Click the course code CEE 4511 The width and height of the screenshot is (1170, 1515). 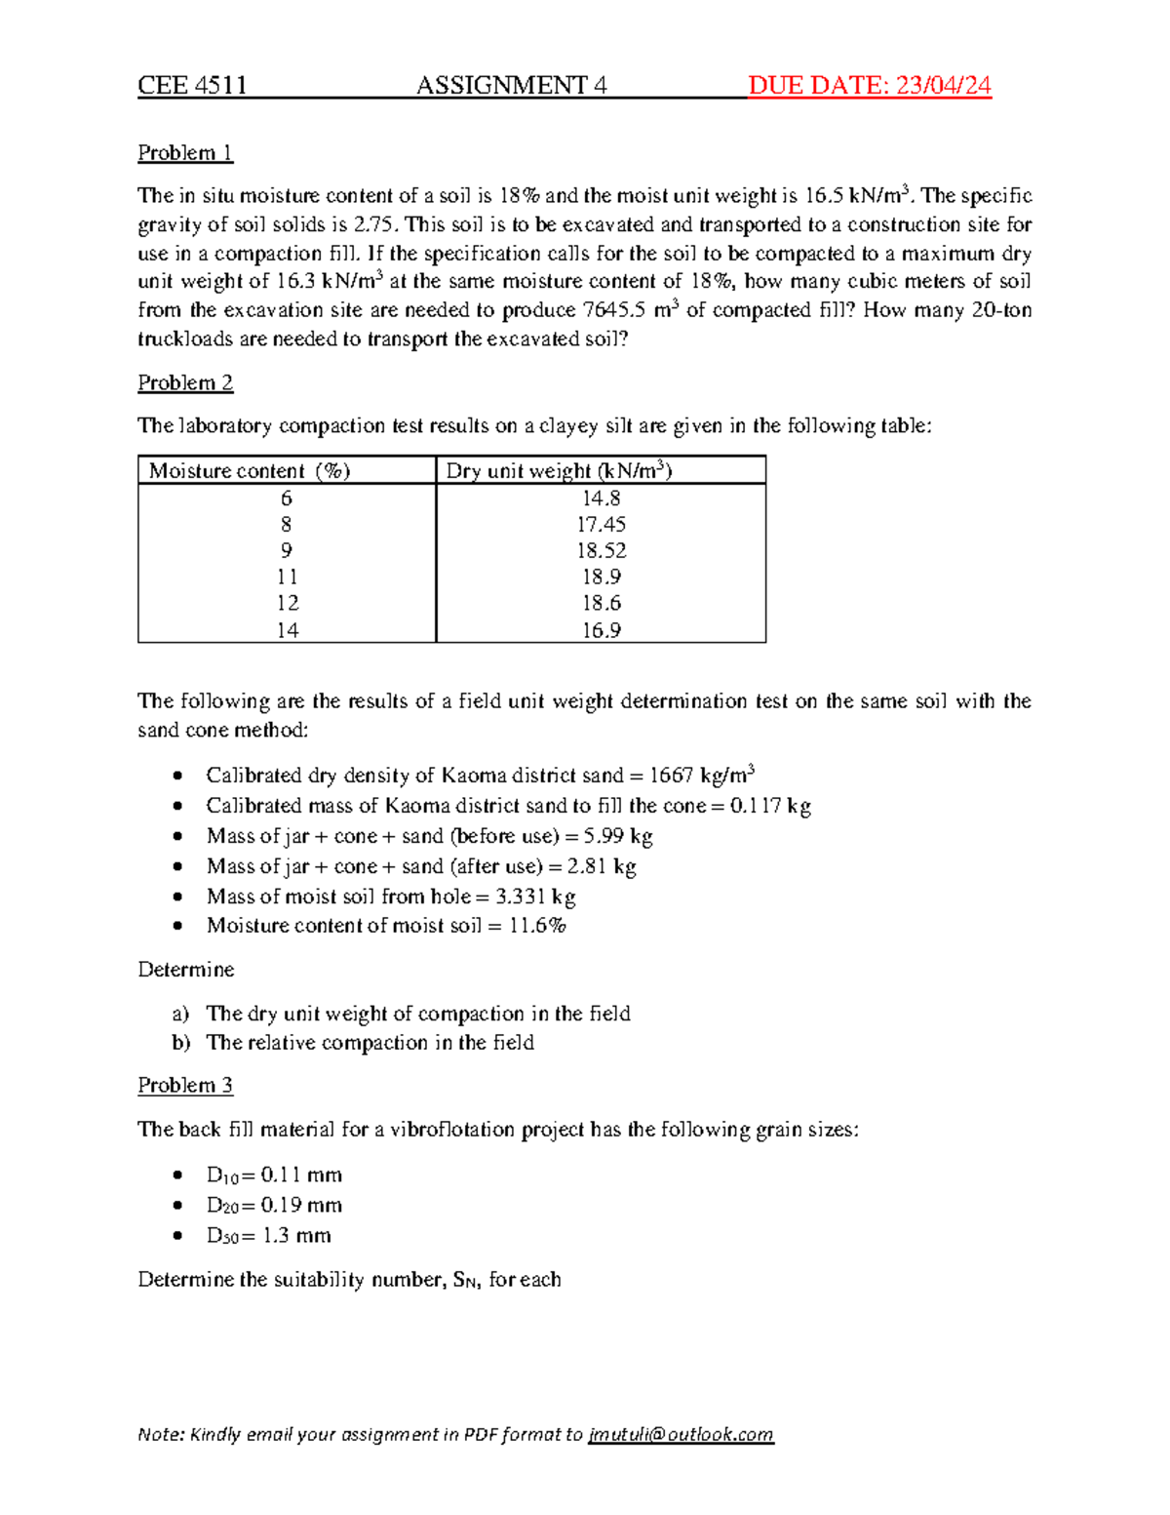coord(192,86)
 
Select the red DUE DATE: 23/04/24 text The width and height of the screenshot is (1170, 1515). coord(869,86)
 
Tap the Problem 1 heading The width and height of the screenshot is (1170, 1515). coord(185,153)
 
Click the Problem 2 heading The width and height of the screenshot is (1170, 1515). coord(185,382)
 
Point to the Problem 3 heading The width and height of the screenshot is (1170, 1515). coord(185,1085)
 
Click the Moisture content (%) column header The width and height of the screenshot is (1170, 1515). coord(250,471)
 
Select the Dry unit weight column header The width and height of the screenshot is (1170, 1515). coord(559,471)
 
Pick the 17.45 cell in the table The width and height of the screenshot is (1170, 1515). coord(601,525)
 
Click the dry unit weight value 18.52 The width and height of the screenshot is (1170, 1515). coord(601,551)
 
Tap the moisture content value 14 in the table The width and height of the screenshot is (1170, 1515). coord(287,630)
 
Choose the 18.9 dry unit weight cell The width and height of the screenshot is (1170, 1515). coord(601,578)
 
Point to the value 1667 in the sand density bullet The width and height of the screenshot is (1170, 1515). coord(671,776)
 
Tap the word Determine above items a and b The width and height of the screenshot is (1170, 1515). coord(186,970)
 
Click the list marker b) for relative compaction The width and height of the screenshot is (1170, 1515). coord(180,1043)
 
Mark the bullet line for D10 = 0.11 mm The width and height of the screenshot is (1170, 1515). coord(274,1176)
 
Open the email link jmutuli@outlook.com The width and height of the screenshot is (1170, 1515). coord(681,1434)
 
